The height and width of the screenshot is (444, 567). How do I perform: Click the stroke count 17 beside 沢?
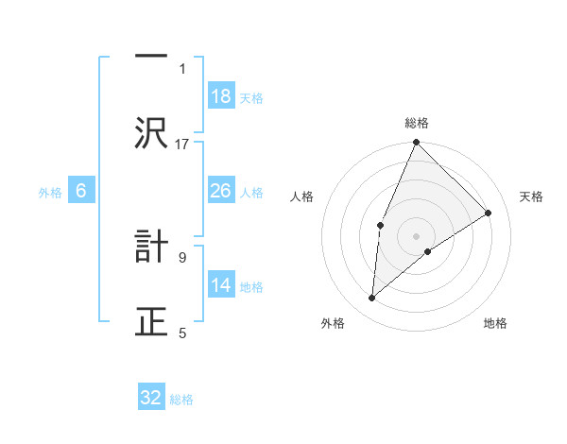point(182,144)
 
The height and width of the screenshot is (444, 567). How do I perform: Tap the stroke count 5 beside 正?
point(182,333)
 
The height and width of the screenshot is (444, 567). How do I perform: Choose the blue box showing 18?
point(221,97)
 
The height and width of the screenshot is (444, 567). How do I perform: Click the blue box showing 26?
point(221,192)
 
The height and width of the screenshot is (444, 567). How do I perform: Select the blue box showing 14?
point(221,286)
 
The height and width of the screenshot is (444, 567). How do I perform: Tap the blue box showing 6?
point(81,192)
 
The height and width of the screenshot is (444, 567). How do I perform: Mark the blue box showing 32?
point(151,399)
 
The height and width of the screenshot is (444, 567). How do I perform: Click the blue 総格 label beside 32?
point(181,400)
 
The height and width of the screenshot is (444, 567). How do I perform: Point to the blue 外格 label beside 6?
point(50,193)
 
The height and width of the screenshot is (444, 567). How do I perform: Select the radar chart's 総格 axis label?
point(417,123)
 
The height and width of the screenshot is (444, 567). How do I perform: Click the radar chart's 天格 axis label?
point(532,196)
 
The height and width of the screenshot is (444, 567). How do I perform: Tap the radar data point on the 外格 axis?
point(372,299)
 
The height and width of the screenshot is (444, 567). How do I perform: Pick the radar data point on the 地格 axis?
point(428,251)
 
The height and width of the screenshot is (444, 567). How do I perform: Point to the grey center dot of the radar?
point(417,235)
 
